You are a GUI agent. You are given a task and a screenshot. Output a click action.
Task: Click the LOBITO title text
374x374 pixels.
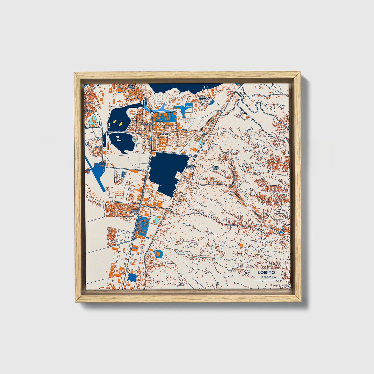coord(266,272)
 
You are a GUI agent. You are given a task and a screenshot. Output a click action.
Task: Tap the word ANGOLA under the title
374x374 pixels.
coord(268,277)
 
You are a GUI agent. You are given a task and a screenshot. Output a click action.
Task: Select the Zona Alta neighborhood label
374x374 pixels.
coord(216,167)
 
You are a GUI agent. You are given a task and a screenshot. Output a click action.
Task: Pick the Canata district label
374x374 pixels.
coord(163,134)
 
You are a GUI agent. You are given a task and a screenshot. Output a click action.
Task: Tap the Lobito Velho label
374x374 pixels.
coord(203,98)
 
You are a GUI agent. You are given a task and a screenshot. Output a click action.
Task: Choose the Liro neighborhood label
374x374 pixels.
coord(205,134)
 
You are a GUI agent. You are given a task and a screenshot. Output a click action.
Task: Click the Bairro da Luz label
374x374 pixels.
coord(135,211)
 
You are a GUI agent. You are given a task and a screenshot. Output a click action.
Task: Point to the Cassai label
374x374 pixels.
coord(98,147)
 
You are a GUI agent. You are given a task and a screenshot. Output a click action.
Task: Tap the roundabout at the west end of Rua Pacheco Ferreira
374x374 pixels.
coord(102,133)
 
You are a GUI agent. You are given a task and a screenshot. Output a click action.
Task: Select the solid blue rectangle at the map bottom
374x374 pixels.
coord(132,277)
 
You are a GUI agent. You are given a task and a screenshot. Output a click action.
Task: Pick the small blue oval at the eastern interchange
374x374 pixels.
coord(281,232)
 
